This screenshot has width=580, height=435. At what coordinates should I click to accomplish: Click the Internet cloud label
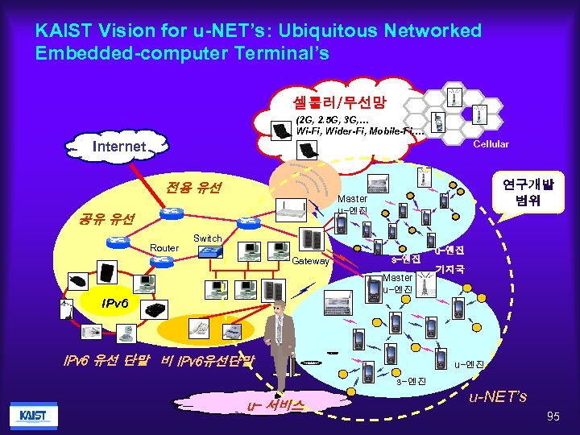point(119,147)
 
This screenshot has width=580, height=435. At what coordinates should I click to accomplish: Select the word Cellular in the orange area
point(490,144)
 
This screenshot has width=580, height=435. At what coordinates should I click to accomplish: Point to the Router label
point(164,248)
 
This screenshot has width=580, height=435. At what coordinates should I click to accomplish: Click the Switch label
point(207,238)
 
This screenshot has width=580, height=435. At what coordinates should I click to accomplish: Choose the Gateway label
point(310,261)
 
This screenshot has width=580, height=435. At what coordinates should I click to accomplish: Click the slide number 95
point(552,416)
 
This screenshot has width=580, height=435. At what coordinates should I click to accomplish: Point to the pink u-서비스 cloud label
point(275,404)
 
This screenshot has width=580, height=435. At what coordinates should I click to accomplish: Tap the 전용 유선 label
point(193,188)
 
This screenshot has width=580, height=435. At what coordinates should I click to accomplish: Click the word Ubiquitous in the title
point(300,31)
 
